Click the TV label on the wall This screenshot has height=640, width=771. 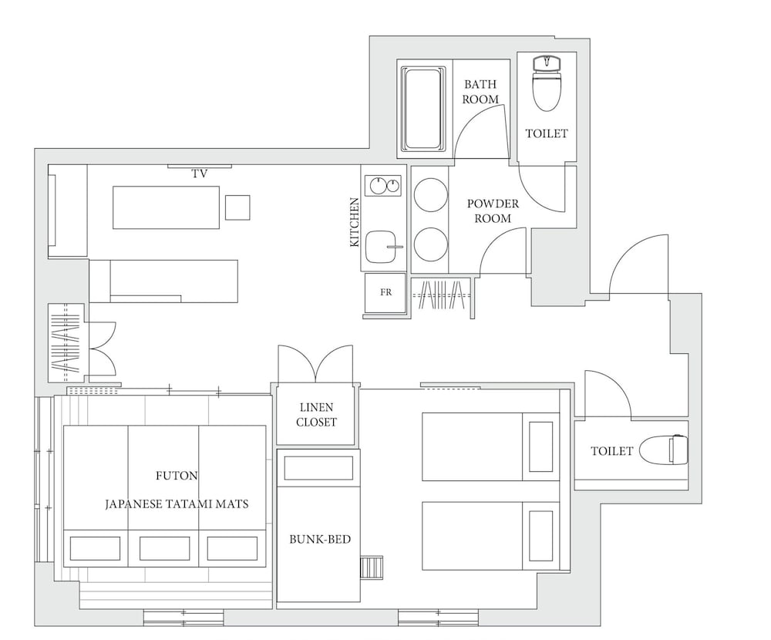199,173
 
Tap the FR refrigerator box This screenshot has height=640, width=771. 385,293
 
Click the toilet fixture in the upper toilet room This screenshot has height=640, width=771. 547,83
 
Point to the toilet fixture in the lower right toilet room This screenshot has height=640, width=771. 665,449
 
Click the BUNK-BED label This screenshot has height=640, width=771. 320,539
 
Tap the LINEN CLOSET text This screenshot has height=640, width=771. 316,415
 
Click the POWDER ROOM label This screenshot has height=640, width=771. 493,211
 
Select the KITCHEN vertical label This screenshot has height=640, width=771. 355,222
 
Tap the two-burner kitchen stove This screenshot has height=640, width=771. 383,186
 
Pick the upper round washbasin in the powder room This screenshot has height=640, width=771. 431,195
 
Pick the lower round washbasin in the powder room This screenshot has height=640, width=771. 431,244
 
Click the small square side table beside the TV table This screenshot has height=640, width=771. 237,207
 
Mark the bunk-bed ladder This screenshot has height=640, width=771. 372,568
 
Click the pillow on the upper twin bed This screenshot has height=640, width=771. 540,446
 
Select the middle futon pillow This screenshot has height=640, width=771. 164,548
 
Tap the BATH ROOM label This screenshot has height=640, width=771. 480,92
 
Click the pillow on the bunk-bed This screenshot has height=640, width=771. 318,468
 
